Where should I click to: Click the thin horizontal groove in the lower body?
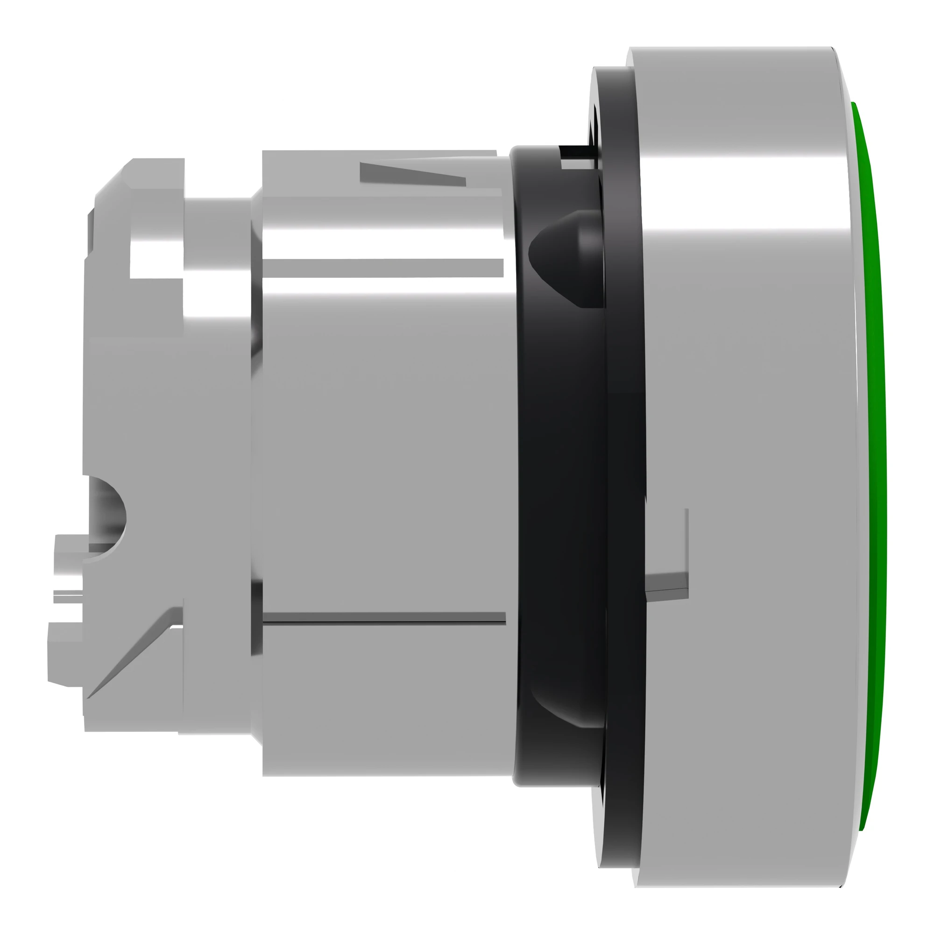coord(384,618)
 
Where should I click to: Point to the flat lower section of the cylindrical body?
coord(382,701)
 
